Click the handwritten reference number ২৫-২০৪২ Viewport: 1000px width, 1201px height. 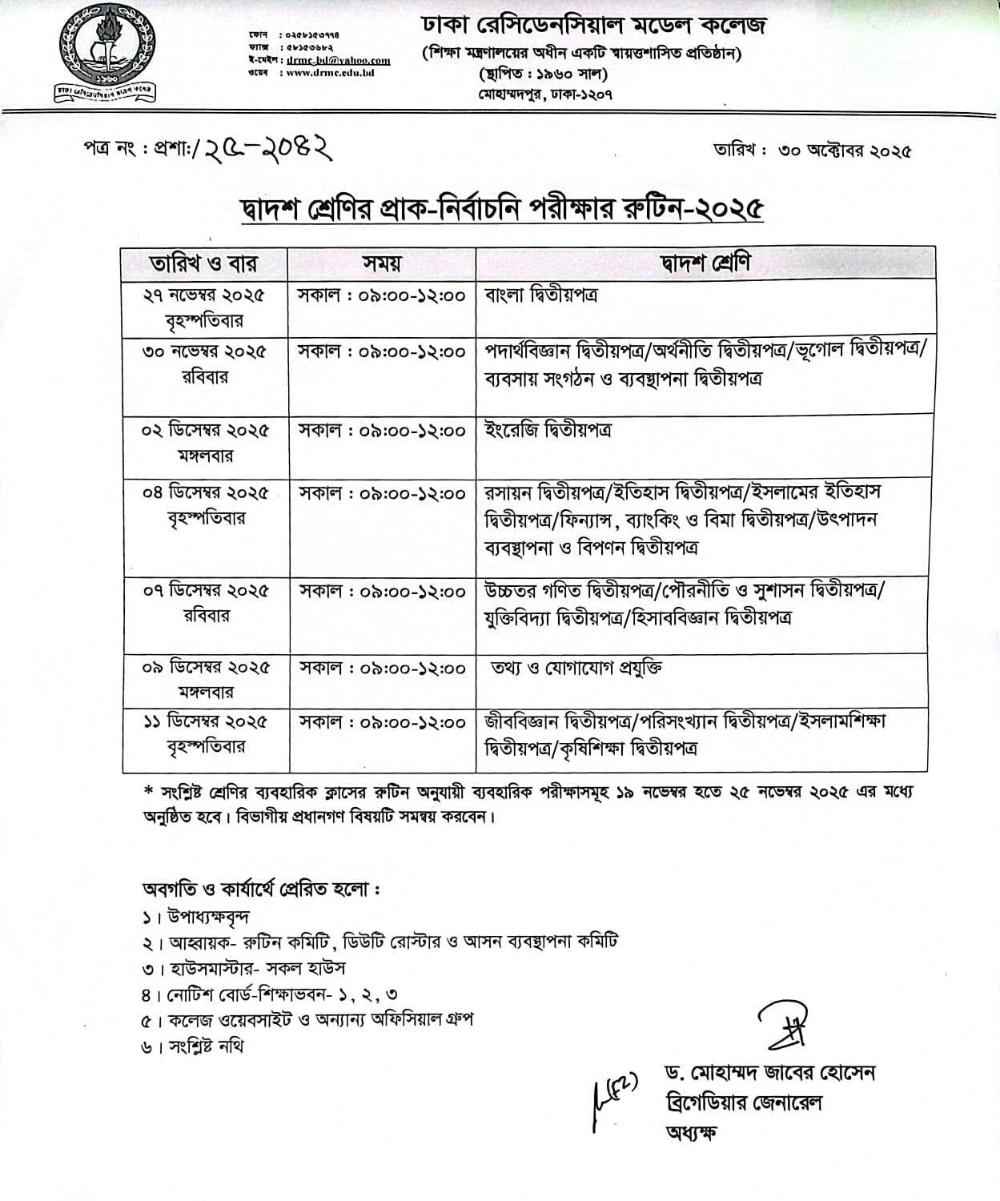[268, 147]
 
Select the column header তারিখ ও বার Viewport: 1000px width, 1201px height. [204, 263]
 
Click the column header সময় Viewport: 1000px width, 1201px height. [381, 263]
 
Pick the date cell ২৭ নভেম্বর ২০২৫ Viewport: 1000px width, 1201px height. [204, 295]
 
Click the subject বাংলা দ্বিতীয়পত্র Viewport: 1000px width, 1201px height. [541, 295]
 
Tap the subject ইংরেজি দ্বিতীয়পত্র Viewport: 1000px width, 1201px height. [548, 430]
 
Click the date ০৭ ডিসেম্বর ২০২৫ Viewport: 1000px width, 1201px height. [206, 591]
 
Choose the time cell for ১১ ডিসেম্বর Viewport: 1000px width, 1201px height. [382, 722]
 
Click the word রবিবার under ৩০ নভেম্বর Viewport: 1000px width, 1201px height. [205, 377]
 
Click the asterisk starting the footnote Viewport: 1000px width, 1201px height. [147, 791]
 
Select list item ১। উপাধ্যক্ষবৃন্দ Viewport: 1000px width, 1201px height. [196, 917]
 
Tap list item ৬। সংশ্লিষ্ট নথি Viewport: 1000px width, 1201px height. [192, 1046]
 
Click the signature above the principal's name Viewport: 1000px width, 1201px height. [781, 1025]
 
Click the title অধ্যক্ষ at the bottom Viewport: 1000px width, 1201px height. [692, 1132]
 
